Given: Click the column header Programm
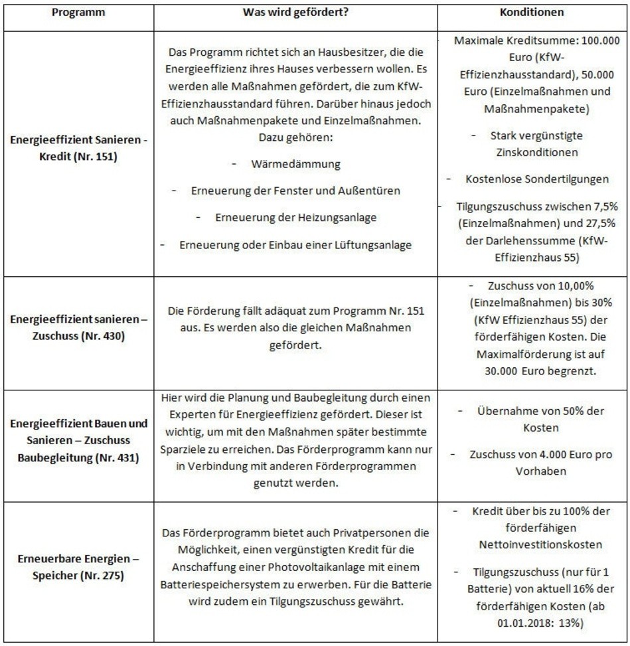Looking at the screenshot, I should click(x=77, y=13).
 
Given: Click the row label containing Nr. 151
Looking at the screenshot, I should click(x=77, y=153).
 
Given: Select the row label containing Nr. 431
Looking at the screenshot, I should click(x=77, y=440).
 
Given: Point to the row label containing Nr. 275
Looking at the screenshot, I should click(x=77, y=569).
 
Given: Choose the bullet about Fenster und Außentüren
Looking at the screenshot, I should click(x=295, y=191).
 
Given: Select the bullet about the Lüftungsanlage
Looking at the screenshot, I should click(x=295, y=244).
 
